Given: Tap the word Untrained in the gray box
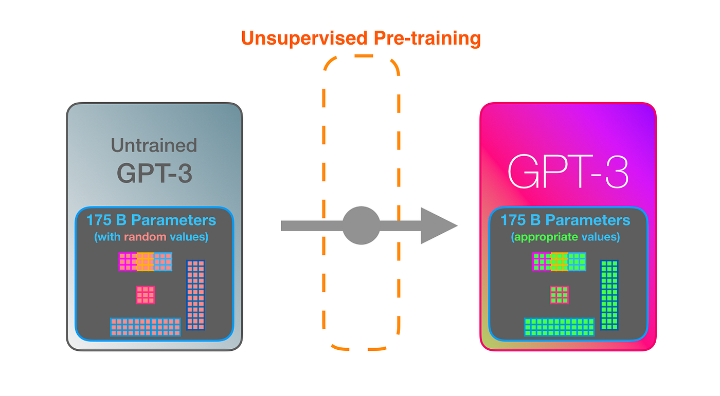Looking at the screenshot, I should [x=154, y=145].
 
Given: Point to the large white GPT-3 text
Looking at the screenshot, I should [x=568, y=171].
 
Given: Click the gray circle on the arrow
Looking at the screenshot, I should [x=361, y=225].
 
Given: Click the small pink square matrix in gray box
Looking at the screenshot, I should [x=145, y=295].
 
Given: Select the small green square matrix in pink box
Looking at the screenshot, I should [x=559, y=295].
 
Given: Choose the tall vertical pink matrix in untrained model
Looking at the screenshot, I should [x=195, y=295].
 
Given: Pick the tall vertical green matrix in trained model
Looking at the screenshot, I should [x=609, y=295].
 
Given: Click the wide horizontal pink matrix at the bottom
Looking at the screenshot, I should [x=146, y=327].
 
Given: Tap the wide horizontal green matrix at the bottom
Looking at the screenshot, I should [x=560, y=327].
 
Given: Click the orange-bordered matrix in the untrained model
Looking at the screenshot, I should [x=146, y=261].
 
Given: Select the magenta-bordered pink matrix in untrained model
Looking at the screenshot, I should [x=128, y=261].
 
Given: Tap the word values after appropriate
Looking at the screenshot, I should [x=601, y=237].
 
